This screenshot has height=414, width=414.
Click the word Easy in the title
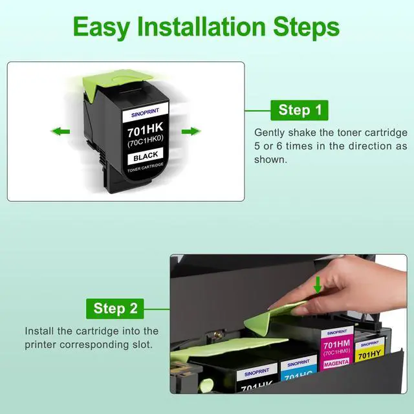[x=102, y=27]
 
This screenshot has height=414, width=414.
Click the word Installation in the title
[x=201, y=26]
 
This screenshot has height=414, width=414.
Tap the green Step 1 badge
[x=300, y=110]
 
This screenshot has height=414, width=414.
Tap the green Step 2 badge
[x=115, y=309]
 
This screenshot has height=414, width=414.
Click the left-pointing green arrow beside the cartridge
[x=60, y=131]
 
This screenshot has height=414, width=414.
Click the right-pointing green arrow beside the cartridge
[x=191, y=131]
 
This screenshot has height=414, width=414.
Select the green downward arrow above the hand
[x=318, y=285]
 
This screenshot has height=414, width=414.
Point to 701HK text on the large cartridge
[x=145, y=129]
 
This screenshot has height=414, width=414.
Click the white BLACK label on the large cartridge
[x=146, y=156]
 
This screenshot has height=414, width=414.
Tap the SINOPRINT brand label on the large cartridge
[x=145, y=113]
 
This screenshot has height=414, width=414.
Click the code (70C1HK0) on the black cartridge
[x=146, y=141]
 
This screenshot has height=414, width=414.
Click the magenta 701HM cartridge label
[x=337, y=348]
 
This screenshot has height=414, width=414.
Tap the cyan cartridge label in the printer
[x=299, y=368]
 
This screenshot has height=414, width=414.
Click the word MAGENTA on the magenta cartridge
[x=336, y=364]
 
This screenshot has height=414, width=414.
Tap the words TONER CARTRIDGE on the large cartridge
[x=146, y=168]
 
